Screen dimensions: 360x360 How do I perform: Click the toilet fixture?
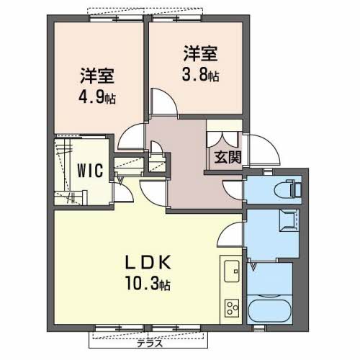point(291,189)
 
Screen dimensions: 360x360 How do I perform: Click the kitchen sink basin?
point(233,273)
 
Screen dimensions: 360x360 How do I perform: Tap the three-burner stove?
point(233,307)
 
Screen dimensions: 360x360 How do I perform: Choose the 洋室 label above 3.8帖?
point(199,53)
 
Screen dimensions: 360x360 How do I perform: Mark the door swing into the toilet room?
point(233,190)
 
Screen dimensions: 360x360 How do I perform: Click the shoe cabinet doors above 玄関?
point(224,138)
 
